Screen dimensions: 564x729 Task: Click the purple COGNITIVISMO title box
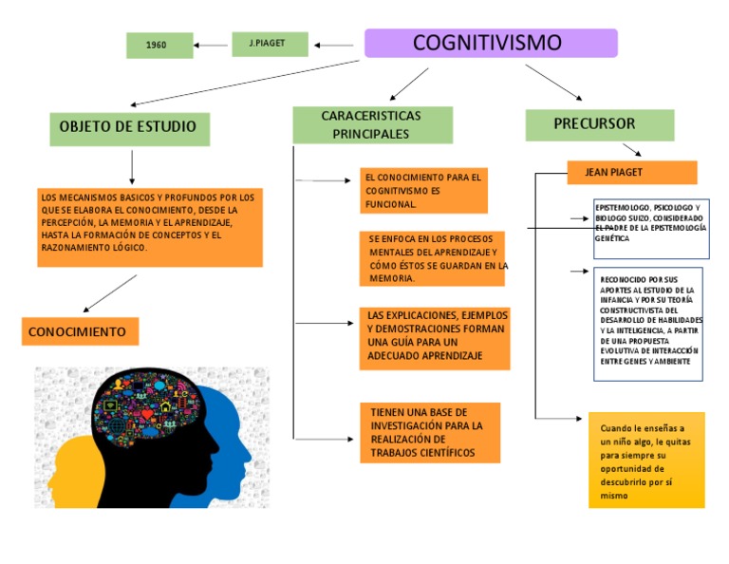coord(491,43)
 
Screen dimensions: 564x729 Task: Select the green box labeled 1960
coord(159,45)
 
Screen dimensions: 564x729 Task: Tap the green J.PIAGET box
coord(270,44)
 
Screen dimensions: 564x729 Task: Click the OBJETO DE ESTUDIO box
coord(129,127)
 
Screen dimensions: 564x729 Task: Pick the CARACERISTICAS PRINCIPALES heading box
coord(371,125)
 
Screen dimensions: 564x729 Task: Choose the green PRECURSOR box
coord(599,124)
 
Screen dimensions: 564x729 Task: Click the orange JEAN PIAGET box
coord(631,173)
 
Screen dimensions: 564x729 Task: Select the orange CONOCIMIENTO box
coord(80,331)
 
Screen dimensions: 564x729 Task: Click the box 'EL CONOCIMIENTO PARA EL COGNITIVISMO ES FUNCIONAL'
coord(423,191)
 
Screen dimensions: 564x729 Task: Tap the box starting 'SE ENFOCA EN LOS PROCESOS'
coord(432,258)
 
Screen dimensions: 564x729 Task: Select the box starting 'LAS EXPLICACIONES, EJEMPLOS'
coord(435,338)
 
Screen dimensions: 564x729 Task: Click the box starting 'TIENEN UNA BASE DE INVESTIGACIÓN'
coord(430,433)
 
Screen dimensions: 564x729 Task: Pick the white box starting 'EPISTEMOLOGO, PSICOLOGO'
coord(650,224)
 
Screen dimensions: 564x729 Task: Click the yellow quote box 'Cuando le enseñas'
coord(646,461)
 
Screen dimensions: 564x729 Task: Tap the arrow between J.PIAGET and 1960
coord(210,45)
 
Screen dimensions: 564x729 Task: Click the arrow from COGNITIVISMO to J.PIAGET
coord(333,45)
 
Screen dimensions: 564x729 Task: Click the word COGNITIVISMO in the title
coord(487,43)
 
